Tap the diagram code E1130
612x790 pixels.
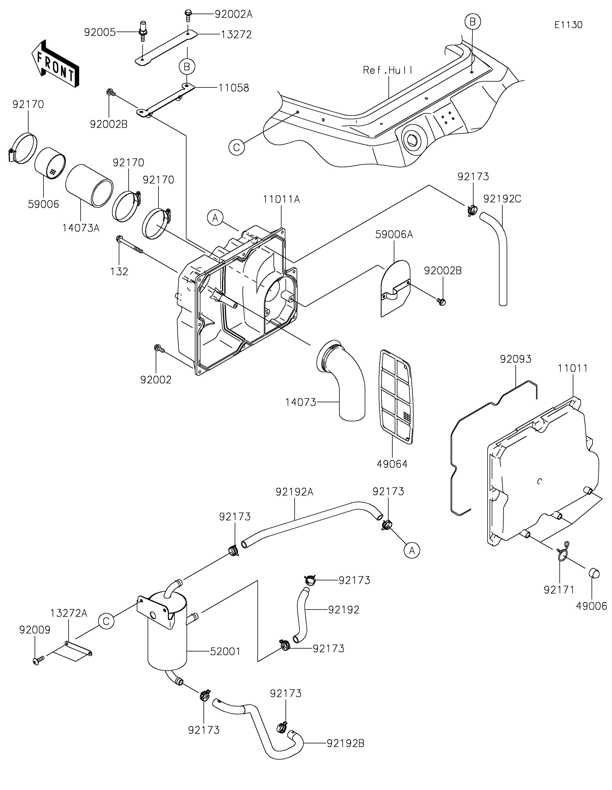pyautogui.click(x=568, y=25)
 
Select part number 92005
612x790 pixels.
pyautogui.click(x=100, y=32)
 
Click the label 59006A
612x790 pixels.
pyautogui.click(x=394, y=234)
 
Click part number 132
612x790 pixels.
pyautogui.click(x=119, y=271)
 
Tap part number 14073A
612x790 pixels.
pyautogui.click(x=81, y=228)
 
